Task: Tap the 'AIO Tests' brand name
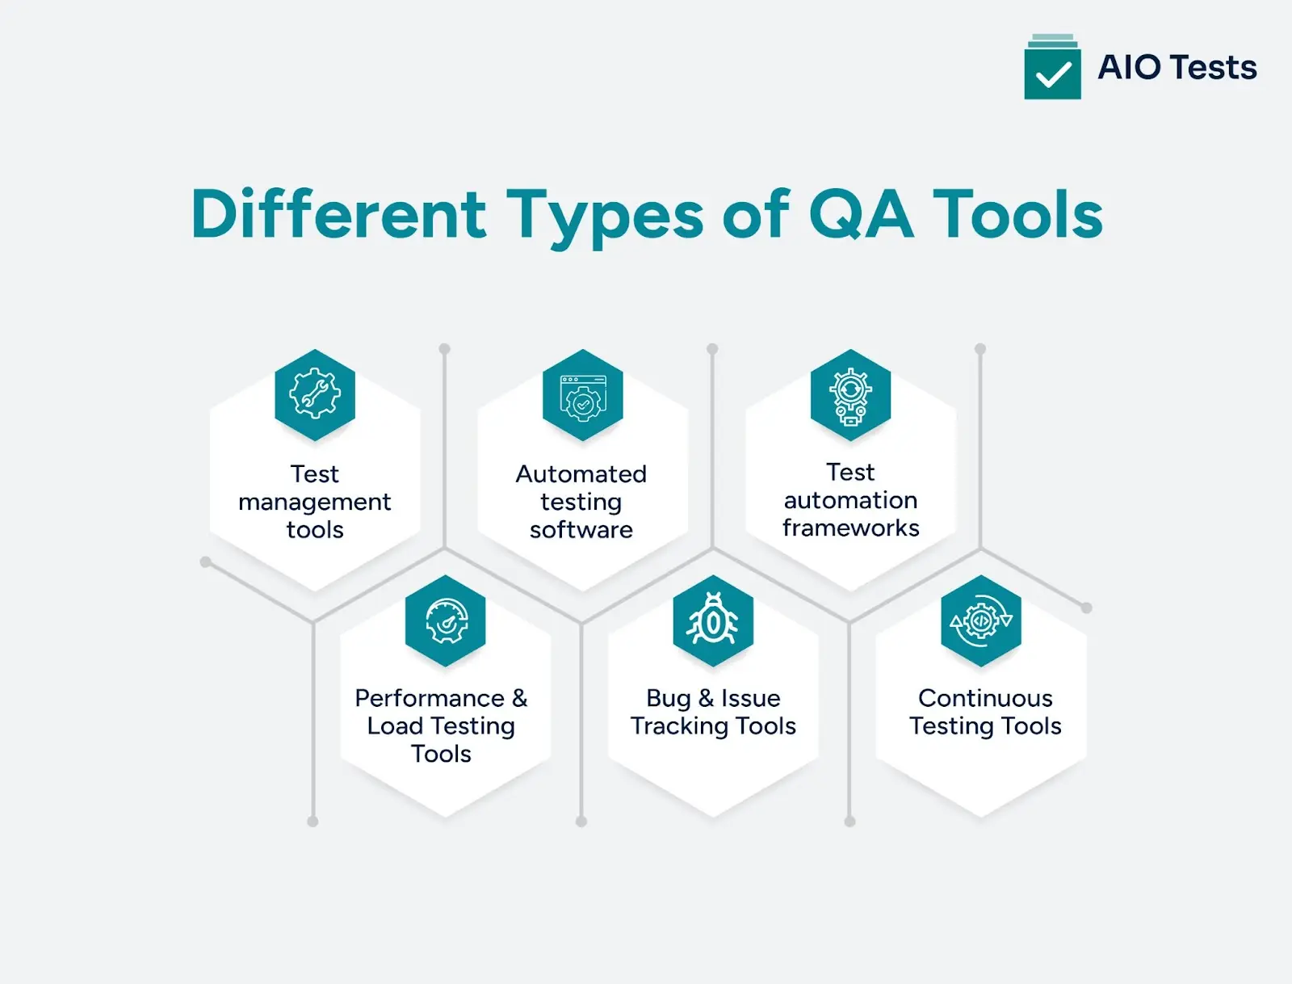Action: [1177, 67]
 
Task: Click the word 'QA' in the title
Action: [861, 214]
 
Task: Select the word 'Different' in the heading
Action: [338, 214]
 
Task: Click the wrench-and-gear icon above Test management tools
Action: [315, 394]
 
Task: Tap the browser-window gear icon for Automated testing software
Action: [582, 395]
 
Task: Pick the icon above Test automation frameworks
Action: [850, 395]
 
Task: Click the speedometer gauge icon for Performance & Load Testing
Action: [446, 620]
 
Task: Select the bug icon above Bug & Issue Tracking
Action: [713, 620]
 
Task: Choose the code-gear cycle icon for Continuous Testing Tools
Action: [981, 620]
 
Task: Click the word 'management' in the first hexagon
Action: [315, 503]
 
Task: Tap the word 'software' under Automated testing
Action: [581, 530]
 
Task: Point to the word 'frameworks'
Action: [851, 528]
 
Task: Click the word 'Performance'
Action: [430, 698]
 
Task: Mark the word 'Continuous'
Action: [985, 698]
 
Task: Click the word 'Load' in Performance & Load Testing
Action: [396, 726]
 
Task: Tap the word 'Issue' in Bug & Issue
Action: [751, 698]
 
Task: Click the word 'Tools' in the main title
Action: [1018, 214]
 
